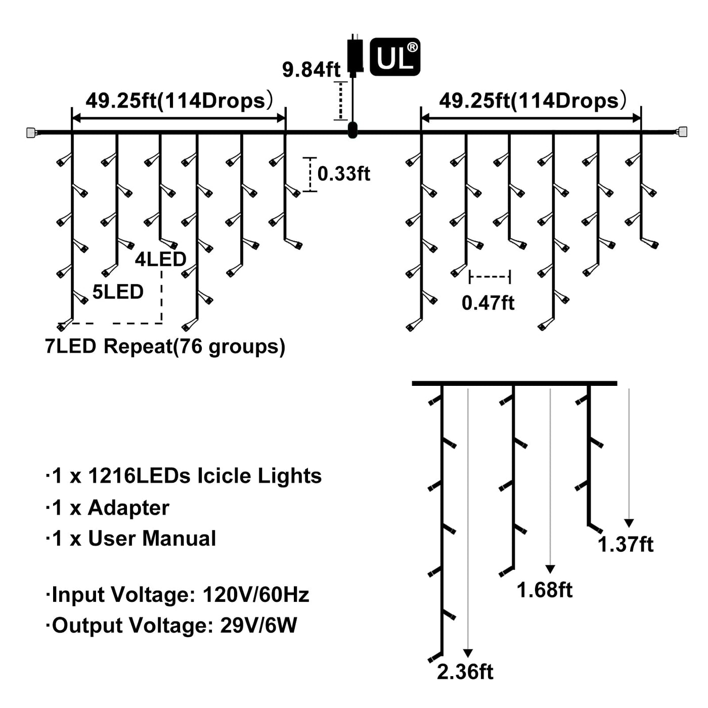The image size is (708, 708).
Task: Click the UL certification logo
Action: click(x=395, y=57)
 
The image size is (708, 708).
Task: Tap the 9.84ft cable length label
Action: click(x=311, y=69)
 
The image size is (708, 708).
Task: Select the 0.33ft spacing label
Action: click(x=343, y=174)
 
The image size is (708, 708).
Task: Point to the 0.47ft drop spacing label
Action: click(x=488, y=303)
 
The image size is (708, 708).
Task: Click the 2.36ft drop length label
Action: click(x=465, y=672)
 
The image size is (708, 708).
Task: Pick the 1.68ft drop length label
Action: click(x=544, y=590)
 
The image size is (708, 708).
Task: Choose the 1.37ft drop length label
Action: click(x=626, y=545)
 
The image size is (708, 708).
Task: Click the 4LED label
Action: click(x=160, y=259)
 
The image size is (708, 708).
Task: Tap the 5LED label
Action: click(x=118, y=292)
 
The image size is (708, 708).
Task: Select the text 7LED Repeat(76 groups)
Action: click(x=165, y=347)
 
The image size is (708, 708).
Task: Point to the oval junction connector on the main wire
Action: click(x=352, y=130)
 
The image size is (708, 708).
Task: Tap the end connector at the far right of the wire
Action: click(x=682, y=132)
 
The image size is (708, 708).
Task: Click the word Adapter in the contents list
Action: click(x=128, y=508)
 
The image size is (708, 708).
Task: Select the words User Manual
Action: click(x=152, y=539)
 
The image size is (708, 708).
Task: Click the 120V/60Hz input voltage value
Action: click(x=256, y=595)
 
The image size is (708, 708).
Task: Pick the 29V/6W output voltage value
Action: click(x=258, y=626)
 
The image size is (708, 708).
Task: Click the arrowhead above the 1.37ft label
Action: click(x=629, y=523)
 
